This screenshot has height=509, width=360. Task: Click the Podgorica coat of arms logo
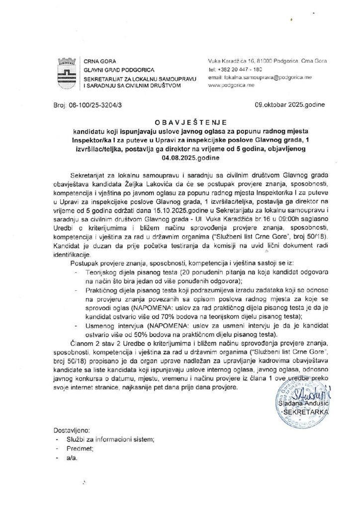click(67, 73)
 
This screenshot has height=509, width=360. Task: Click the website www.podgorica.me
click(232, 86)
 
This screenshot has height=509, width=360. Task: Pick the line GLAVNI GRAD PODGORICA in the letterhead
click(112, 70)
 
